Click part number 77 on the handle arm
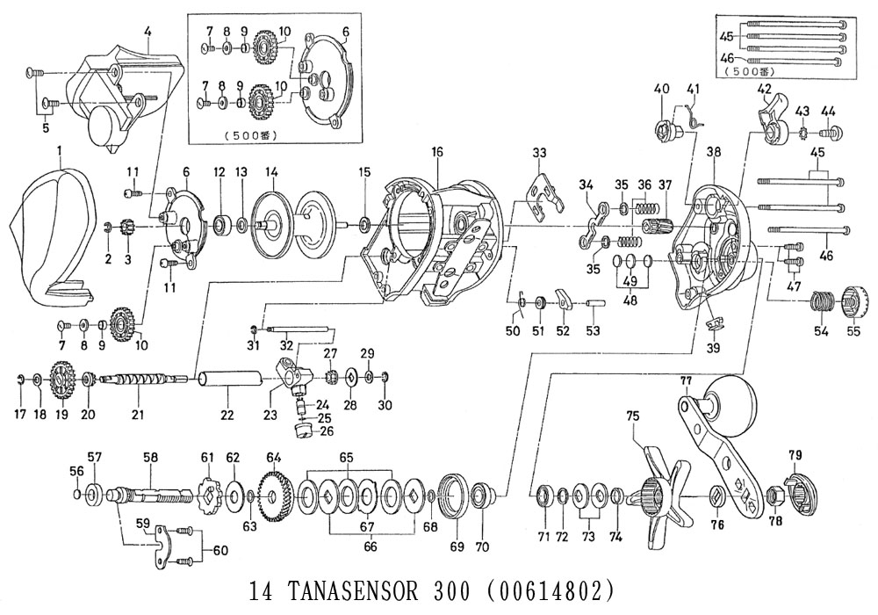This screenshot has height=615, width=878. tap(687, 381)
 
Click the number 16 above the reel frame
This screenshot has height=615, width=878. tap(436, 152)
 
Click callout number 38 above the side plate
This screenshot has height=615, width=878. tap(713, 152)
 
